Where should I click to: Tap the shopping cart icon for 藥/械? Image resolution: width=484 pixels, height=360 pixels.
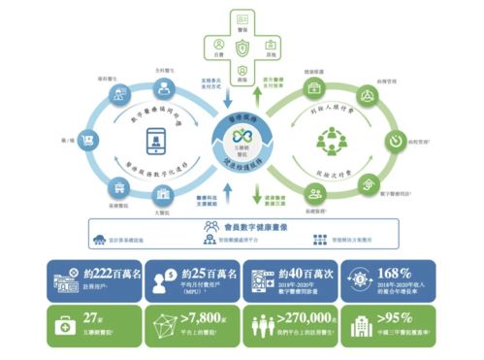(60, 142)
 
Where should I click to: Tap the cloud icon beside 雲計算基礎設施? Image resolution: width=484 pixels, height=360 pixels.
(100, 239)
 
